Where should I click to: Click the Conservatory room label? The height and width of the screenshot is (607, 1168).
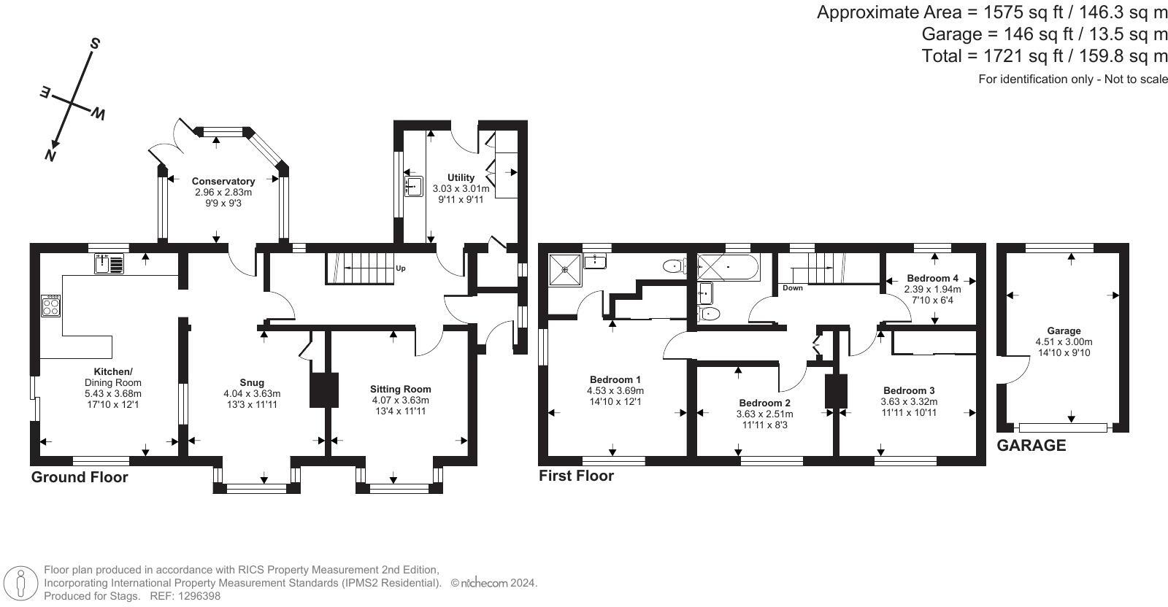click(x=223, y=182)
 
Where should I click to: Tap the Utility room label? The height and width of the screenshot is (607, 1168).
click(x=461, y=177)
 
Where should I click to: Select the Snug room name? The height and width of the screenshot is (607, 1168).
click(x=252, y=382)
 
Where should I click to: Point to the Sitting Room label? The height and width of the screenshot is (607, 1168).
click(x=400, y=389)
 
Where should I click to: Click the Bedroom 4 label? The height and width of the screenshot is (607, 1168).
click(x=932, y=278)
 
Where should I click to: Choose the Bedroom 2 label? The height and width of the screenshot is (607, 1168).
click(x=764, y=403)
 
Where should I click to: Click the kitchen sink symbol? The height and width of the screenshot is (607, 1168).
click(x=109, y=263)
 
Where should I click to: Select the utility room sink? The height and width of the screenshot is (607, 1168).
click(x=414, y=186)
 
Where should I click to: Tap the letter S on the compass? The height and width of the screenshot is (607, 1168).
click(x=94, y=44)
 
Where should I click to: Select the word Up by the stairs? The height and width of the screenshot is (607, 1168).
click(x=400, y=268)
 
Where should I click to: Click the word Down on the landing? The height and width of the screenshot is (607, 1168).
click(x=792, y=288)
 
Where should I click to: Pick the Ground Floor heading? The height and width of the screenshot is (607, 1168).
click(x=80, y=477)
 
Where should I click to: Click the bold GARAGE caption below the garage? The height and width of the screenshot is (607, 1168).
click(x=1031, y=445)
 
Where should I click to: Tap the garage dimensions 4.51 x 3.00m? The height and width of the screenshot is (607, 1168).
click(x=1064, y=341)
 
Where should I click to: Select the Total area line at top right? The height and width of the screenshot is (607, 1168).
click(x=1045, y=56)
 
